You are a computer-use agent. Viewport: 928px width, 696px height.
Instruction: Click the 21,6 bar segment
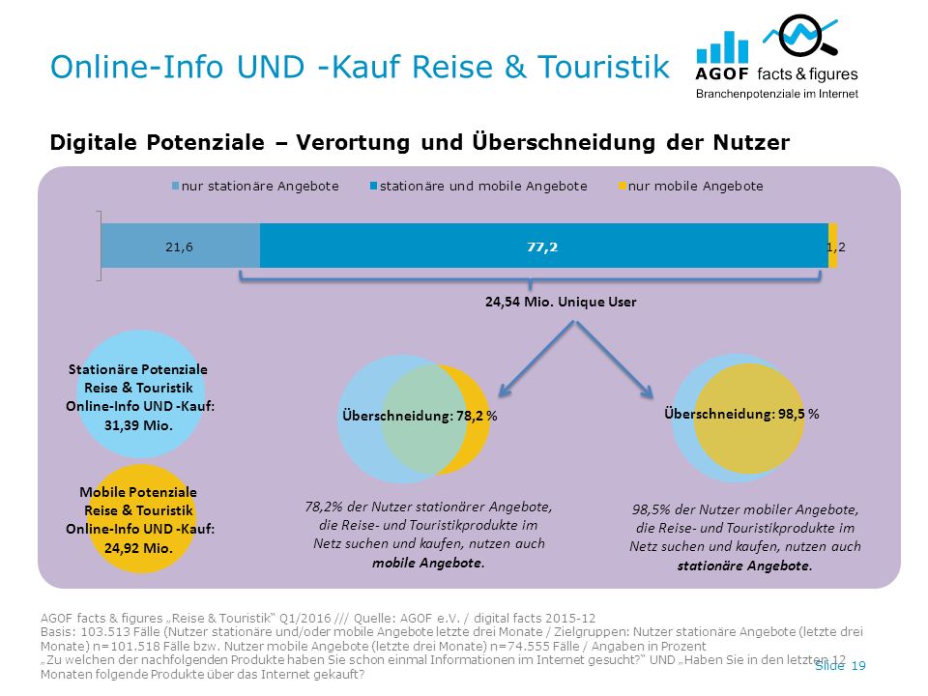pos(181,246)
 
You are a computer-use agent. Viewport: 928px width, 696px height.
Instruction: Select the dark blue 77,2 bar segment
pos(544,246)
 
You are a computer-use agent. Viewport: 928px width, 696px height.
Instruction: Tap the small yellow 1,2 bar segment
pos(832,246)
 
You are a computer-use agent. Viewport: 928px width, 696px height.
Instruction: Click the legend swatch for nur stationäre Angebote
pos(175,187)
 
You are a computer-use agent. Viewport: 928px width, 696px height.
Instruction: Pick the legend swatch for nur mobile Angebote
pos(622,187)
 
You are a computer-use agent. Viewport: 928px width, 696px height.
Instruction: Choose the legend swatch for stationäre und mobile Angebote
pos(373,187)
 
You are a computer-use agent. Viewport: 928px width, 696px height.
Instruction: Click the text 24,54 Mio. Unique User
pos(561,302)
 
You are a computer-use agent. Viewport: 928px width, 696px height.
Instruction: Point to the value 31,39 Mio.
pos(138,425)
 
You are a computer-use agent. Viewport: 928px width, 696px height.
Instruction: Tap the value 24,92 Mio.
pos(138,548)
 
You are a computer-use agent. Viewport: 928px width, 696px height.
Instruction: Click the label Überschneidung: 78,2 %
pos(420,416)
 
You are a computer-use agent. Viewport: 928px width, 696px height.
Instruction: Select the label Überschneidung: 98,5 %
pos(741,414)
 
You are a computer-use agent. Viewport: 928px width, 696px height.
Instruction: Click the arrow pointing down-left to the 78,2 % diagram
pos(536,359)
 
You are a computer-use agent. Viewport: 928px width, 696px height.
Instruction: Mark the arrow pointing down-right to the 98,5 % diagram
pos(615,360)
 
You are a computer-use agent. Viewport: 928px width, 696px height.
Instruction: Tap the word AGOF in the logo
pos(722,74)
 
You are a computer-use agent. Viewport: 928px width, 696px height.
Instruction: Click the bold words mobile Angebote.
pos(428,563)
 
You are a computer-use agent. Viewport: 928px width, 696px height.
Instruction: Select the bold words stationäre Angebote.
pos(744,565)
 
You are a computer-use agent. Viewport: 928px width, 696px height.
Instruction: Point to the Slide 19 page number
pos(840,666)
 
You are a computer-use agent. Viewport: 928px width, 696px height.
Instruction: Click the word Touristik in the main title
pos(603,67)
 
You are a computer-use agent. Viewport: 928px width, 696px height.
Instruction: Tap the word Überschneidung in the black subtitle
pos(564,142)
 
